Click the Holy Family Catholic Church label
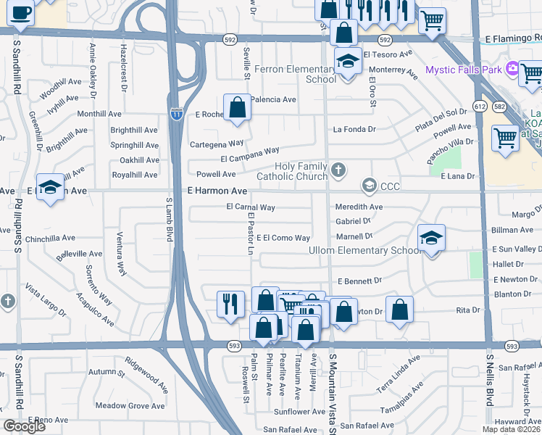(291, 171)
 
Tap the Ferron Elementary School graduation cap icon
(348, 61)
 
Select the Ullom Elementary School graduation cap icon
(431, 237)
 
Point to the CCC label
(390, 186)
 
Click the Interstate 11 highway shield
(175, 113)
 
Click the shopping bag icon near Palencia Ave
(237, 108)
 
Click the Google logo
(24, 426)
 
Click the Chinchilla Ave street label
(50, 238)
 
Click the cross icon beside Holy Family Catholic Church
(337, 171)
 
